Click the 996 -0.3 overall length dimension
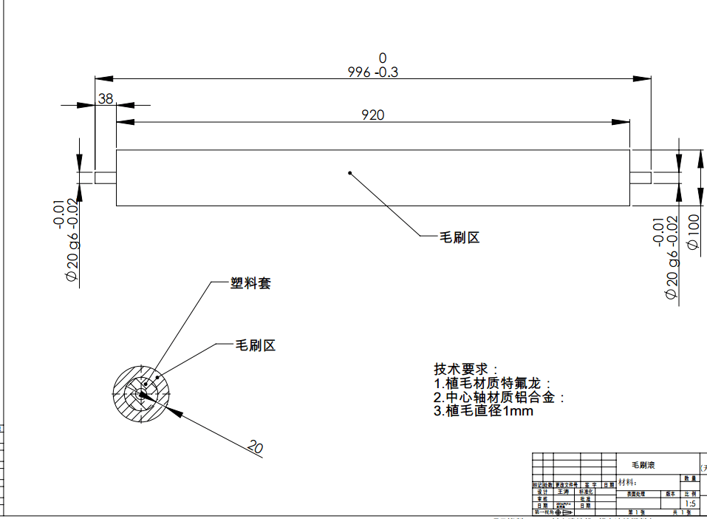[373, 72]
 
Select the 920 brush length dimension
[373, 115]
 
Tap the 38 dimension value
[106, 98]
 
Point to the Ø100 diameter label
[693, 233]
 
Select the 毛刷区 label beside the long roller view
[460, 237]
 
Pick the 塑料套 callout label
[250, 283]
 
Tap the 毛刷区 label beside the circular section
[255, 345]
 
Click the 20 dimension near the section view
[255, 447]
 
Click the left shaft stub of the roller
[106, 178]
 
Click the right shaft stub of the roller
[640, 177]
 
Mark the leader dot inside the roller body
[349, 174]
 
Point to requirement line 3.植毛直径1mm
[483, 411]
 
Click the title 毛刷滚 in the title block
[643, 466]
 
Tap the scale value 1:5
[690, 503]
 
